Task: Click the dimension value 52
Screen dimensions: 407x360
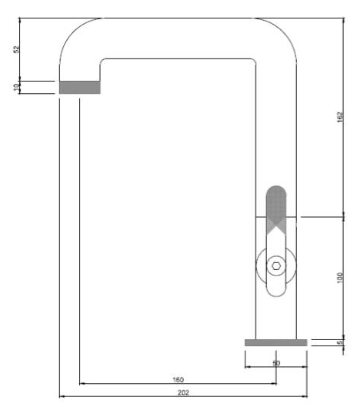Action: [16, 48]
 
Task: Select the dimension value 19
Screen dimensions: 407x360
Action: [16, 88]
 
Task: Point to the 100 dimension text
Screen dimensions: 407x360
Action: [340, 277]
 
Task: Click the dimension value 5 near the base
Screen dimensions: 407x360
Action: [340, 342]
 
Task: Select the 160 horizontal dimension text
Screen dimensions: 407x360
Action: [178, 379]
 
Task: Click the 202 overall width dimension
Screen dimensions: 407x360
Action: [182, 392]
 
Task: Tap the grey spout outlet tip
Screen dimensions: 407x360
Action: [79, 87]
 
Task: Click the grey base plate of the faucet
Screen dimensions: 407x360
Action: [275, 342]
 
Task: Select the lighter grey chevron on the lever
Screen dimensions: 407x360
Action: [276, 224]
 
